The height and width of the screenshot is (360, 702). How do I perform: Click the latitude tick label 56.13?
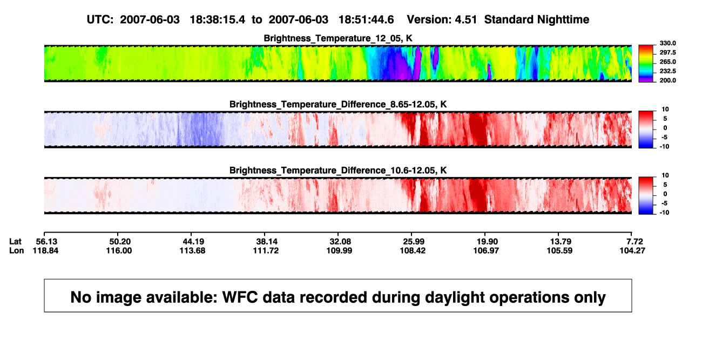46,242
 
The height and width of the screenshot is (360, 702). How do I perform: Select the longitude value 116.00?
119,250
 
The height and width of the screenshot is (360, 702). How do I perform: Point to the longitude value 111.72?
266,250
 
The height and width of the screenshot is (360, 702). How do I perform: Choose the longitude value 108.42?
413,250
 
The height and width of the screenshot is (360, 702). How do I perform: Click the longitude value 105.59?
559,250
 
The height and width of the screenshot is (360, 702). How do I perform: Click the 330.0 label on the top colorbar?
667,43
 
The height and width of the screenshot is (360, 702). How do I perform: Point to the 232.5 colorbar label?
667,71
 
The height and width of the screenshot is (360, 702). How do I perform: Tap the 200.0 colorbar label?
667,80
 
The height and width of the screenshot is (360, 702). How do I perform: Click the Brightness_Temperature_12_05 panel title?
338,38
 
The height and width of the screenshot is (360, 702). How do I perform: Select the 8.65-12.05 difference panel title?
338,104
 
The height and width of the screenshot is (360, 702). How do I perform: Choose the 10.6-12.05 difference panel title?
338,171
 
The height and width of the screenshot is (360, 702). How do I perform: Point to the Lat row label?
15,242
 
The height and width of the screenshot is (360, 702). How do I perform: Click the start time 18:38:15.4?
217,19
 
